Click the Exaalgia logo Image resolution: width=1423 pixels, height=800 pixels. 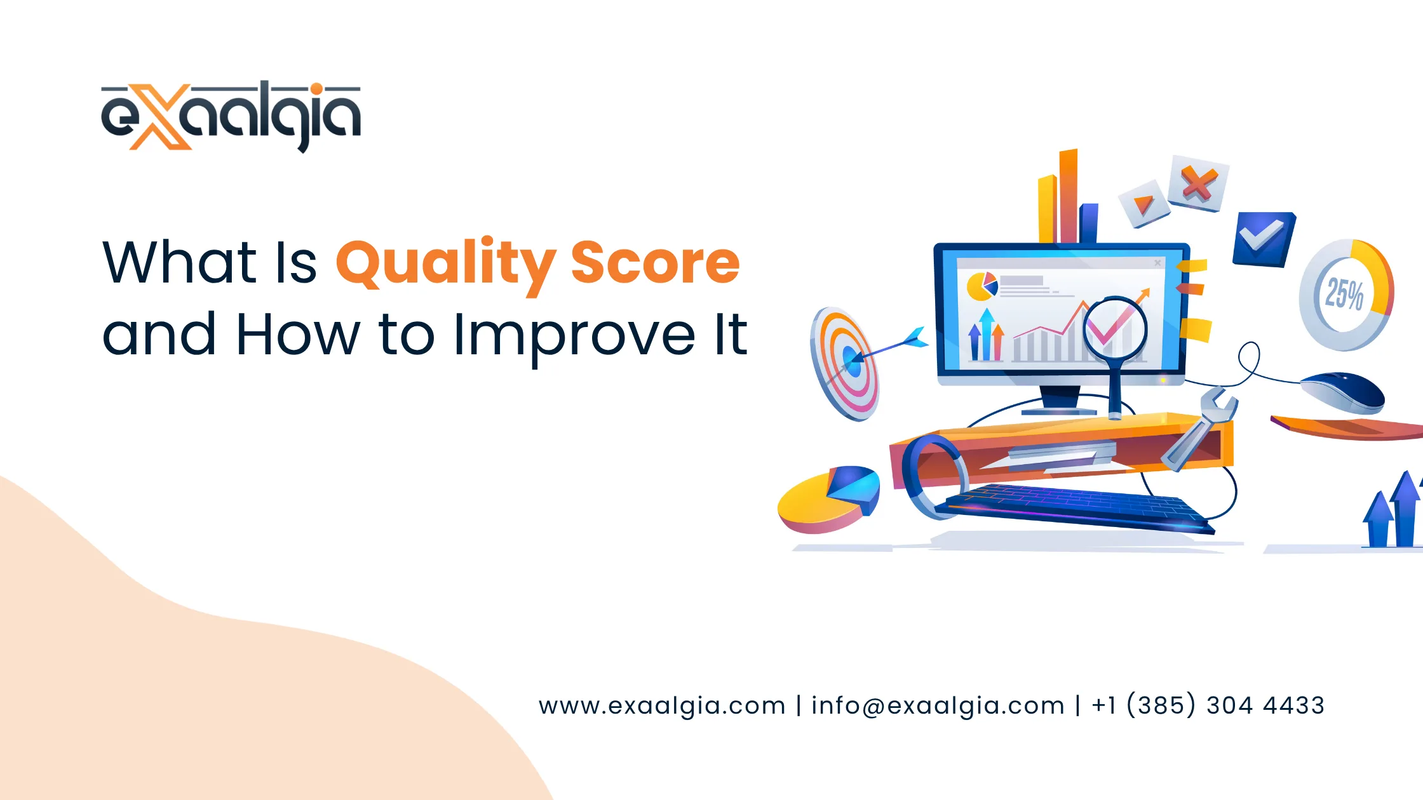(x=231, y=116)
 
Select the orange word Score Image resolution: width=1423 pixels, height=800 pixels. (x=655, y=262)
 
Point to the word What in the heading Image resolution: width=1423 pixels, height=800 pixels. (x=179, y=262)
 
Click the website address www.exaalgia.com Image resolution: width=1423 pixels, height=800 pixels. (x=662, y=705)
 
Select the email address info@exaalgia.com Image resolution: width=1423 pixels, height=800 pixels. (x=938, y=705)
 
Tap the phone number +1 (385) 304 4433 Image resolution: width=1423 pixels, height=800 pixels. (x=1208, y=705)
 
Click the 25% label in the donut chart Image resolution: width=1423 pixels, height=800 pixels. (x=1344, y=294)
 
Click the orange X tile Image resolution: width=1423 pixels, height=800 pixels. (x=1198, y=183)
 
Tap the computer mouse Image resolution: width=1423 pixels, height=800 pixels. (x=1343, y=392)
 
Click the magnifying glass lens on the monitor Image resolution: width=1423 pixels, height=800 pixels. (x=1115, y=330)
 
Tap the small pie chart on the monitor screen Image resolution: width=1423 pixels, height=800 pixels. (x=981, y=286)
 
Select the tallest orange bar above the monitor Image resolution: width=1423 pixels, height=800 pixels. (x=1068, y=196)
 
